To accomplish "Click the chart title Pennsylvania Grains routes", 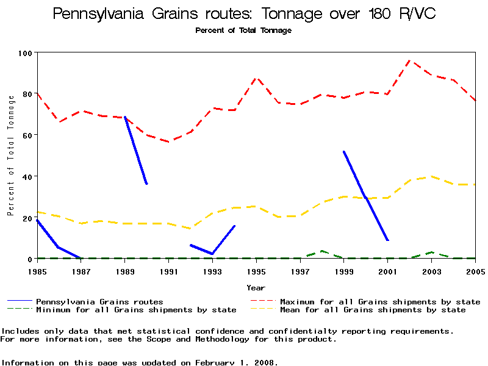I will tap(244, 13).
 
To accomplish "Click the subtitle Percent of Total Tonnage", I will tap(243, 30).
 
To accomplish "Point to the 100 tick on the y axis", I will tap(24, 53).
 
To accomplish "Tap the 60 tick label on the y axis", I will tap(26, 135).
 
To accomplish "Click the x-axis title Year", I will tap(256, 287).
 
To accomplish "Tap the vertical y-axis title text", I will tap(10, 165).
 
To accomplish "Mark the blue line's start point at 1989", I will tap(125, 117).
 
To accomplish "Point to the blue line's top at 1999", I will tap(344, 152).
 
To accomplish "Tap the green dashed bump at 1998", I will tap(322, 251).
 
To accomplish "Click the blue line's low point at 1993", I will tap(212, 254).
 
